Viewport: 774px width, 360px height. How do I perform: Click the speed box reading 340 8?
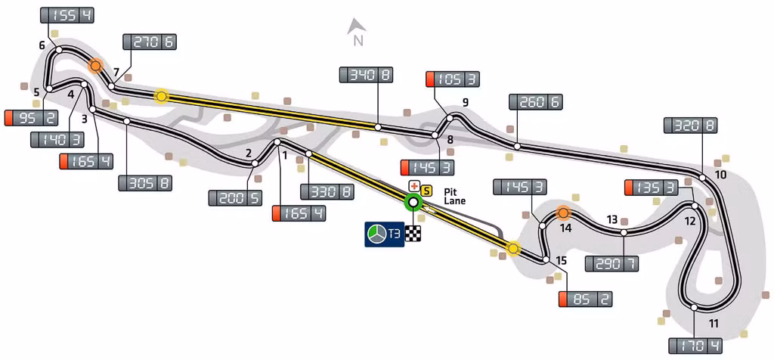(367, 75)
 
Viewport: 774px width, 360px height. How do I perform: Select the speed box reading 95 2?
(31, 119)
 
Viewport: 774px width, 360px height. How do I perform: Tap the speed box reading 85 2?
(586, 299)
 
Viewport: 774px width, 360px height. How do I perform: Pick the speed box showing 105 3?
(454, 79)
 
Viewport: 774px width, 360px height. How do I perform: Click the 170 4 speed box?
(695, 345)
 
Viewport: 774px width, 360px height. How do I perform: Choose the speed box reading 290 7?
(611, 264)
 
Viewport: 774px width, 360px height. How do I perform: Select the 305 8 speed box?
(145, 183)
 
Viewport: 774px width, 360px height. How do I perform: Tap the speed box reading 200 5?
(235, 198)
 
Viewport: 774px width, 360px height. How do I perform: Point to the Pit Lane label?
(454, 196)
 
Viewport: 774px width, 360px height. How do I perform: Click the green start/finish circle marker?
(413, 202)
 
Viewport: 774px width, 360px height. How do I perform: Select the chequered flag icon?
(413, 234)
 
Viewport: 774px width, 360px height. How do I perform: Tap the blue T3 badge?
(385, 234)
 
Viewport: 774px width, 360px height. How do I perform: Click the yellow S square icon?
(425, 188)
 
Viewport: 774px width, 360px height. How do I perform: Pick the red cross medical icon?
(413, 186)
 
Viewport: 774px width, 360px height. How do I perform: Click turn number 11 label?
(713, 324)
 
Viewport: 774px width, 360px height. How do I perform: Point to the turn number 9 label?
(465, 103)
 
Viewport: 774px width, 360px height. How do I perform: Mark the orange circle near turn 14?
(563, 213)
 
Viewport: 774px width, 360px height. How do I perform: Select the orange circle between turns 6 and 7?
(95, 66)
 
